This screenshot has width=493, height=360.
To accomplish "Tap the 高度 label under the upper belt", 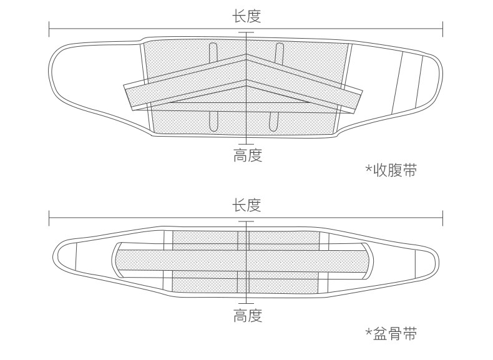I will (x=247, y=155).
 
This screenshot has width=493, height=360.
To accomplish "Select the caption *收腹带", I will (x=391, y=170).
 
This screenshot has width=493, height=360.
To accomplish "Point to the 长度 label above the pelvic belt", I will (x=246, y=205).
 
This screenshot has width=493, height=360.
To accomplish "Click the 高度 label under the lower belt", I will (x=247, y=316).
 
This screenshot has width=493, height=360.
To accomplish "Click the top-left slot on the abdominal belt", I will (x=213, y=54).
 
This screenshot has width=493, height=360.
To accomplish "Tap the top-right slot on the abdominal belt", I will (x=280, y=54).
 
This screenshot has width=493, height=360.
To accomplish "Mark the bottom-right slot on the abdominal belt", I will (x=273, y=120).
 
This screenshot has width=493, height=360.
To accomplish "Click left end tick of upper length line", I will (x=49, y=27).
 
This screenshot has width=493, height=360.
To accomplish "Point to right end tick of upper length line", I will (x=442, y=27).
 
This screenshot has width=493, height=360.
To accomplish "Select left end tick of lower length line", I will (x=49, y=218).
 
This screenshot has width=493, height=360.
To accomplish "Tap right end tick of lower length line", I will (x=442, y=218).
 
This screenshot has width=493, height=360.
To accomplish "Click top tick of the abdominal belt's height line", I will (x=246, y=32).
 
